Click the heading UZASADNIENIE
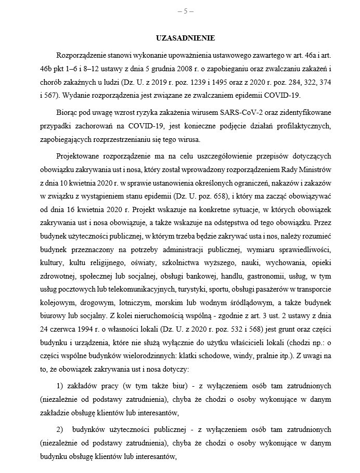(185, 38)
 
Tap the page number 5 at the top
(185, 10)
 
